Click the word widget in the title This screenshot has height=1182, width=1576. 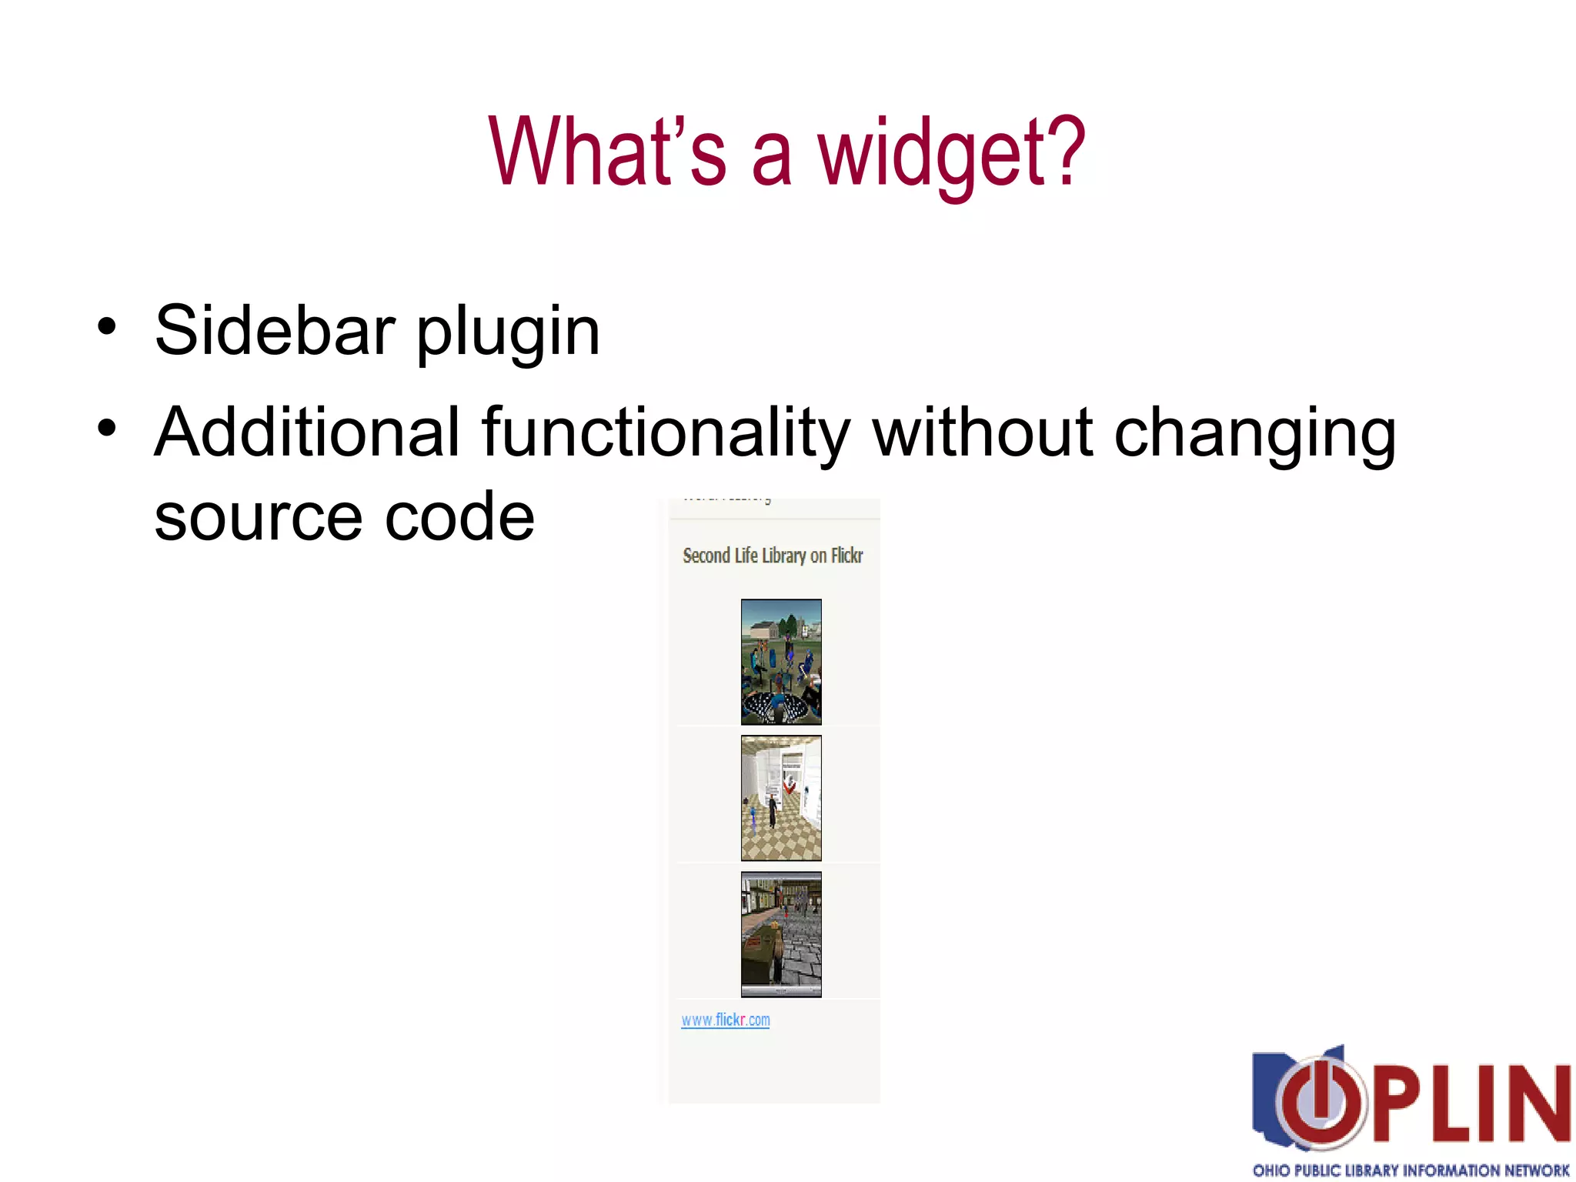click(x=950, y=153)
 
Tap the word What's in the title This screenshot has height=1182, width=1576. click(x=607, y=151)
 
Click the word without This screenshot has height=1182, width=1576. click(x=983, y=432)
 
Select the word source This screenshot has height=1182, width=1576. click(x=258, y=517)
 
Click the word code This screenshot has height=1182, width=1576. click(x=459, y=516)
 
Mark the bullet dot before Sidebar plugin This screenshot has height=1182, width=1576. click(x=107, y=326)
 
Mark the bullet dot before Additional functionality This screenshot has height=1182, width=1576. click(x=107, y=428)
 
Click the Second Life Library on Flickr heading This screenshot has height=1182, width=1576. click(x=773, y=556)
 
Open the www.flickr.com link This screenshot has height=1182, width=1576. click(x=725, y=1020)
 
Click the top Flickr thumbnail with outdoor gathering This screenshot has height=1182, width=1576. click(x=781, y=662)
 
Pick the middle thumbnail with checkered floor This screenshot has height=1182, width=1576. click(x=781, y=798)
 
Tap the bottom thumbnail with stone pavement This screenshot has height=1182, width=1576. click(x=781, y=934)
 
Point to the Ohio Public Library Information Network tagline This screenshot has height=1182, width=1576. click(x=1411, y=1170)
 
